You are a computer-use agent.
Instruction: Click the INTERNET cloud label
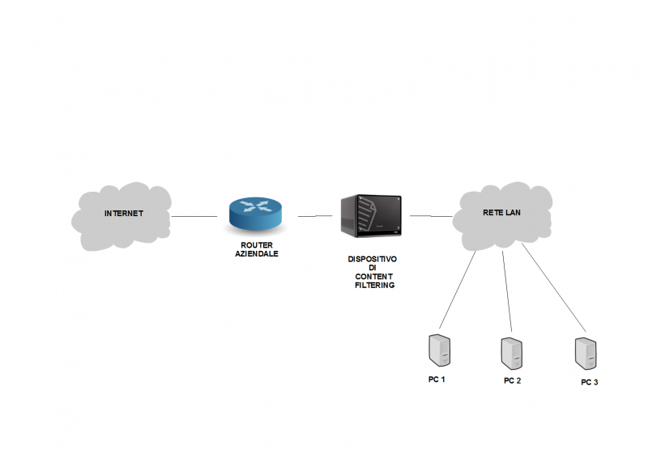click(x=123, y=214)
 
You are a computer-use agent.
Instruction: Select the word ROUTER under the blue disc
click(x=255, y=245)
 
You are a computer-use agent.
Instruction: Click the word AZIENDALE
click(x=255, y=253)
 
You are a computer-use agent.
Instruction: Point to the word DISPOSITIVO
click(x=373, y=260)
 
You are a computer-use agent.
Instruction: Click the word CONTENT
click(x=373, y=277)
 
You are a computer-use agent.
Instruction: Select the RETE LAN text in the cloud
click(x=502, y=213)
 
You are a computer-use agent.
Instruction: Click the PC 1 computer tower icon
click(x=438, y=350)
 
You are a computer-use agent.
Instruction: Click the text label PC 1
click(x=437, y=379)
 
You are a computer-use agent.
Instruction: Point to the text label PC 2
click(x=512, y=380)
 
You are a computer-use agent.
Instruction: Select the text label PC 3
click(x=589, y=382)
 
